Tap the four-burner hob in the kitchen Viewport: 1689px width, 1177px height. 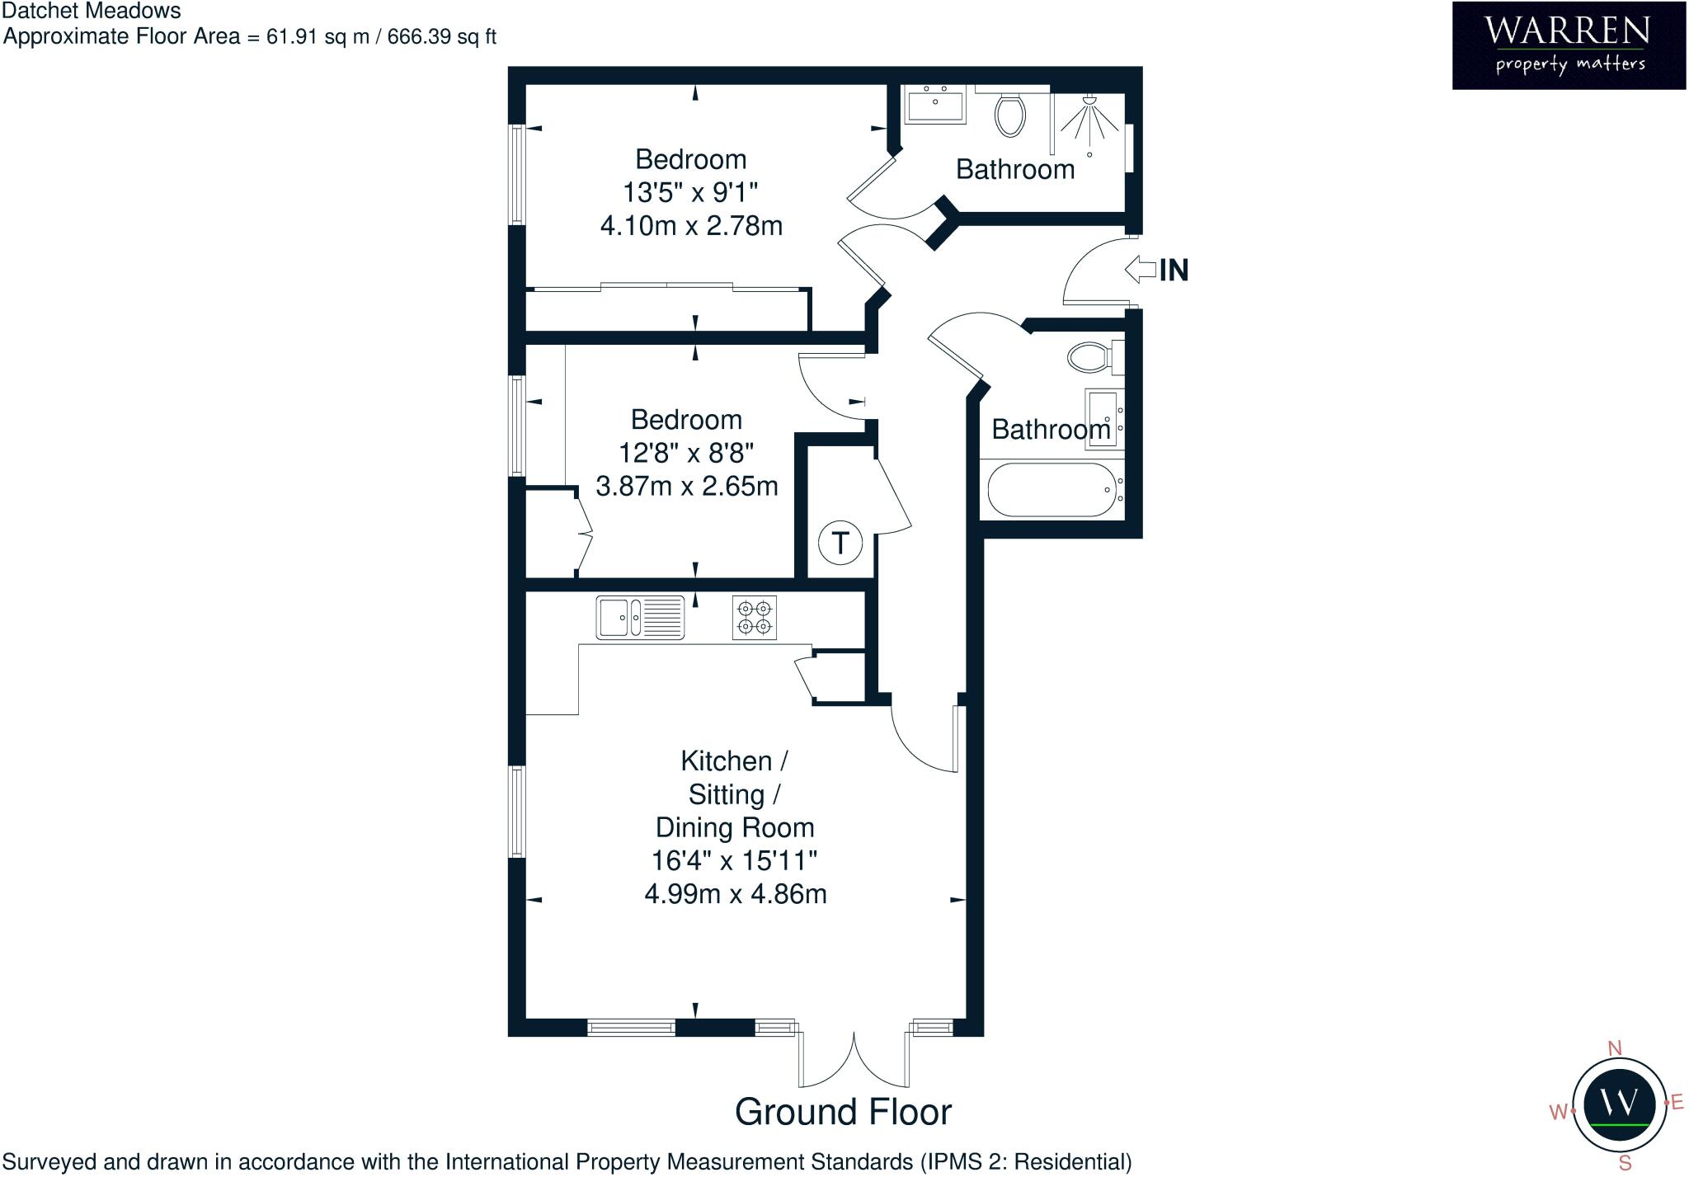click(x=755, y=618)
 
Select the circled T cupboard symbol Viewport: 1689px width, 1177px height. click(x=840, y=544)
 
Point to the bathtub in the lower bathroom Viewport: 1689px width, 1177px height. click(x=1052, y=489)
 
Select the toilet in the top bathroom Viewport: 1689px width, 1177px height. click(x=1010, y=114)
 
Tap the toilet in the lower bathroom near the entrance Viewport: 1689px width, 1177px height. click(x=1090, y=357)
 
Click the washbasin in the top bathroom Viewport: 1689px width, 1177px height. click(x=936, y=106)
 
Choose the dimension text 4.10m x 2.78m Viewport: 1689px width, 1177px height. click(x=691, y=225)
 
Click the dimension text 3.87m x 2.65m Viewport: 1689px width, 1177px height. click(x=687, y=486)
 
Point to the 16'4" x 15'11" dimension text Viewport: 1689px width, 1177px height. click(x=734, y=860)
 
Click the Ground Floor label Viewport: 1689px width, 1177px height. click(x=843, y=1112)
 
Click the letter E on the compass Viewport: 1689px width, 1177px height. click(x=1677, y=1103)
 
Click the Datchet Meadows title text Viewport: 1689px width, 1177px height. click(x=92, y=12)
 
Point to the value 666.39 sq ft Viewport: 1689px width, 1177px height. click(x=441, y=37)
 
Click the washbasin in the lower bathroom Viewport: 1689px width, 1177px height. click(x=1102, y=419)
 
